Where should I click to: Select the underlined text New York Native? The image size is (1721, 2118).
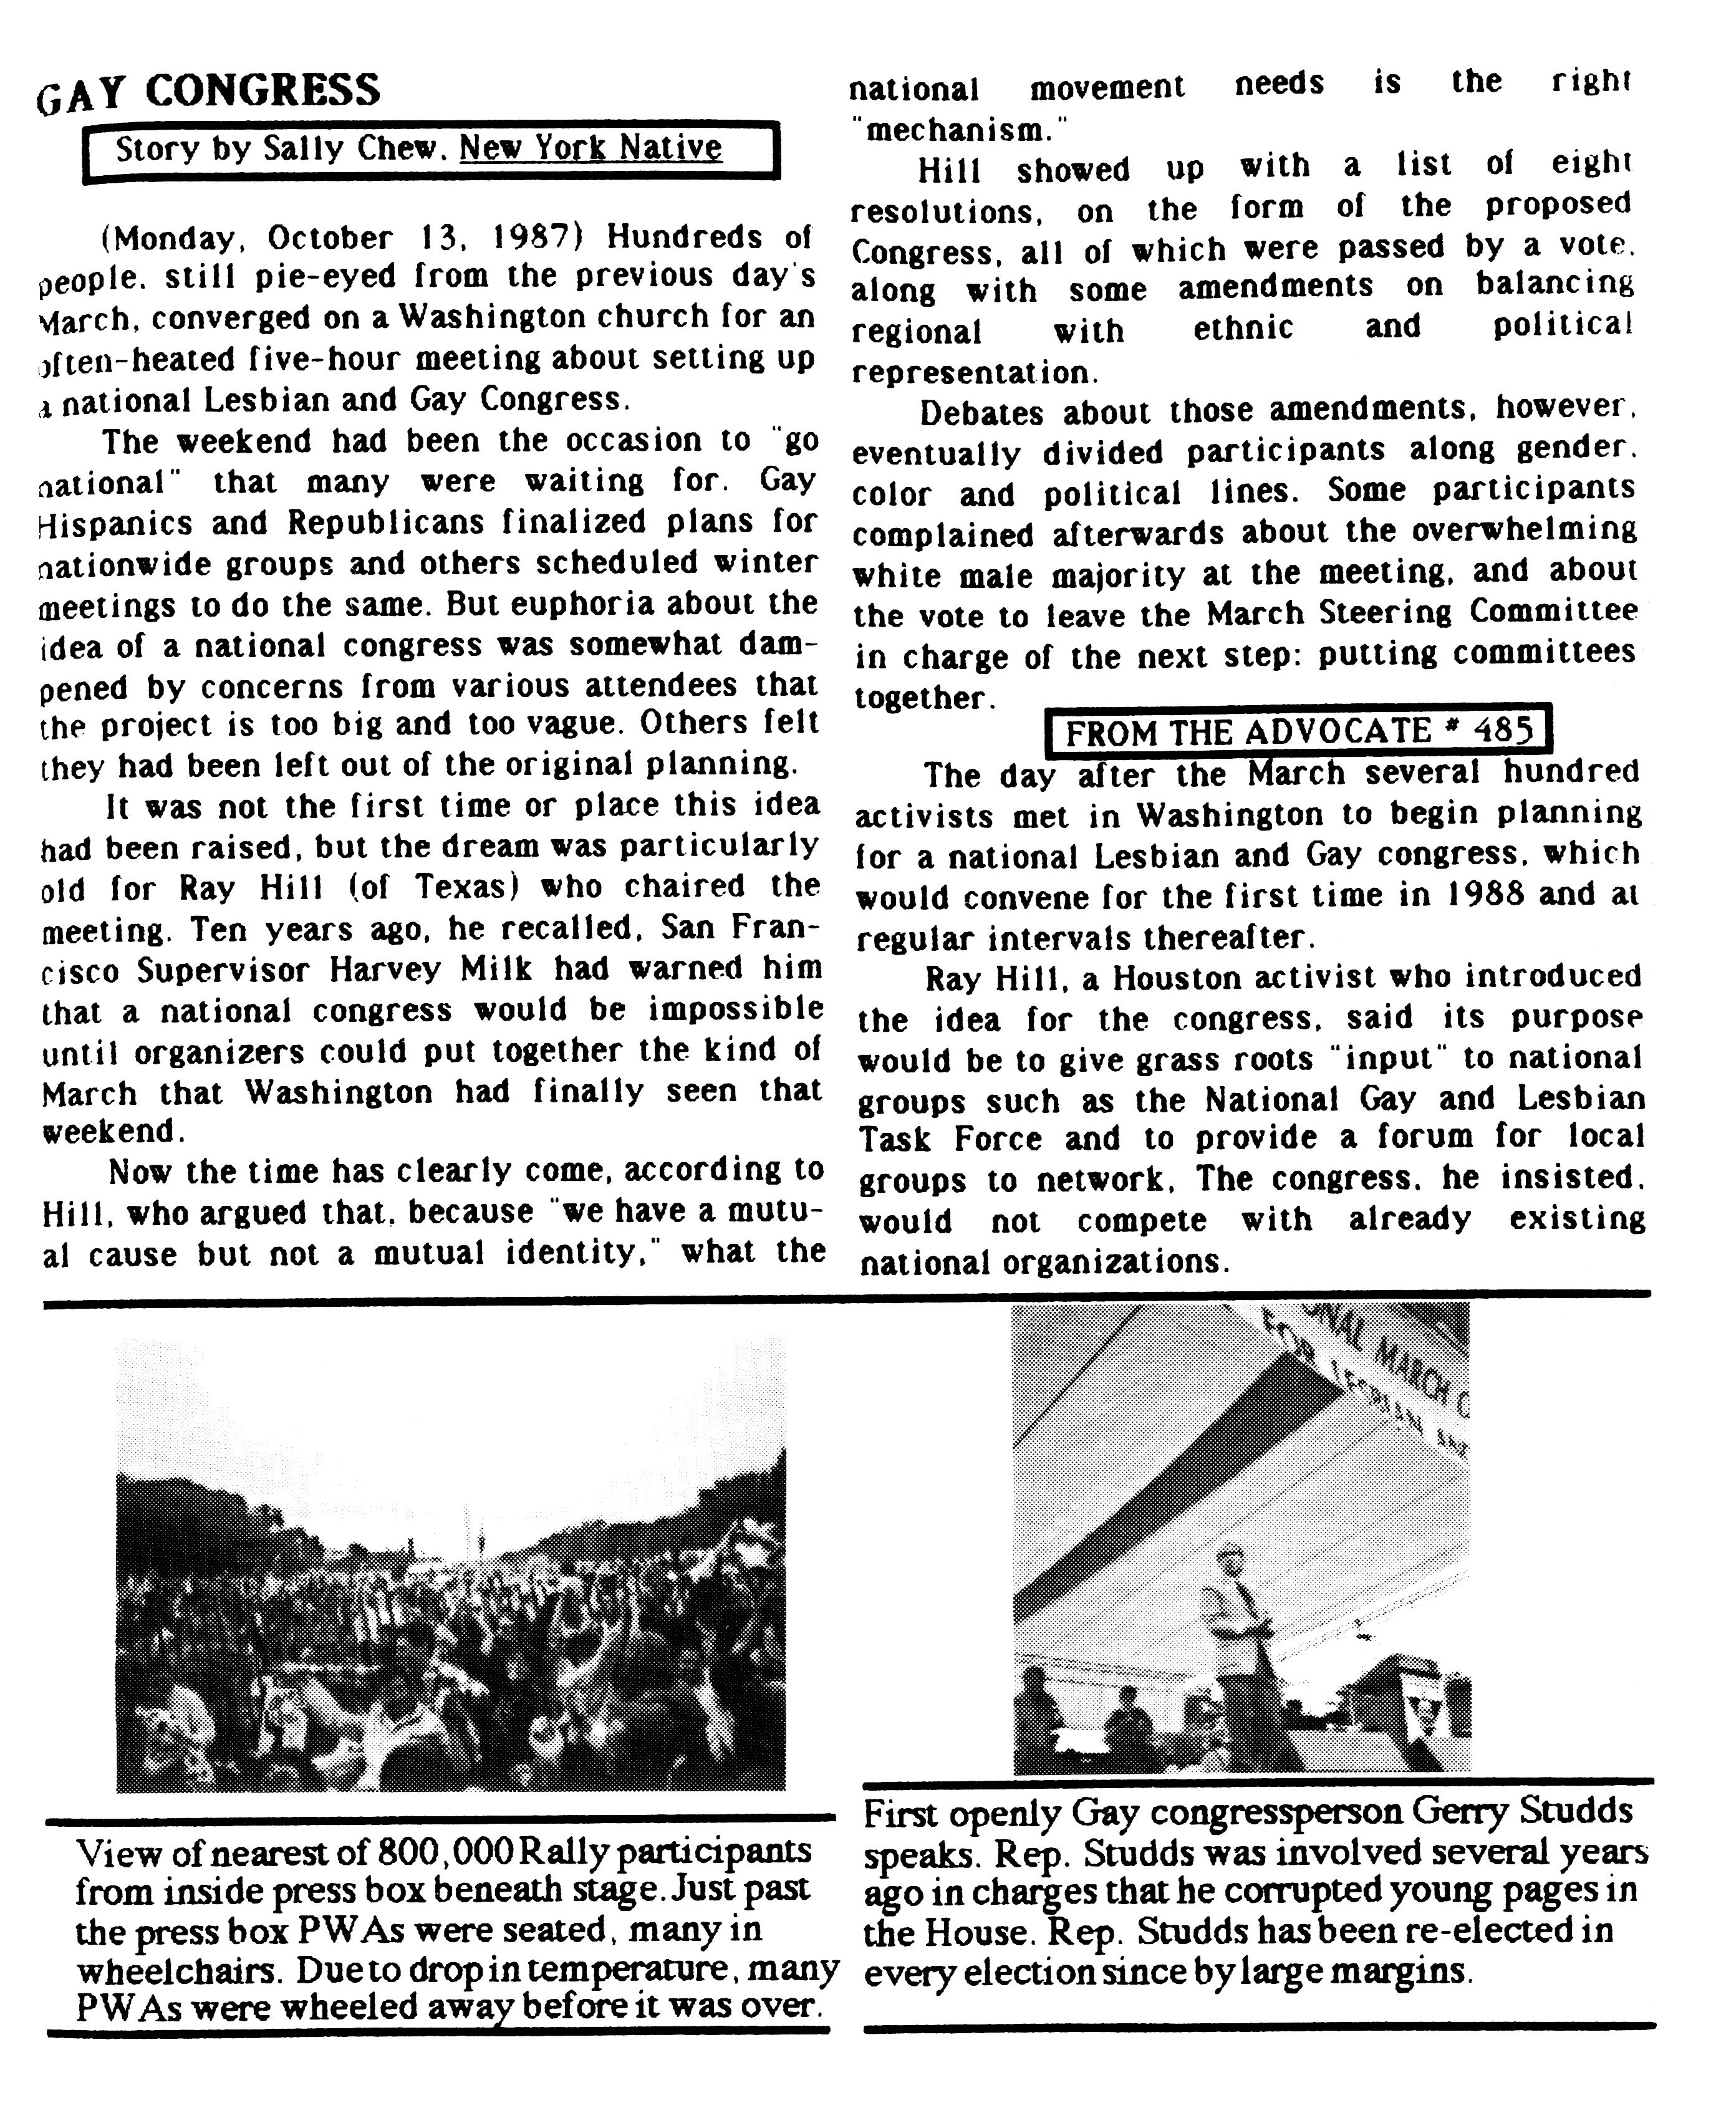[x=591, y=148]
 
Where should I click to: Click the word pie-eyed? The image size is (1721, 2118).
[x=323, y=277]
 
